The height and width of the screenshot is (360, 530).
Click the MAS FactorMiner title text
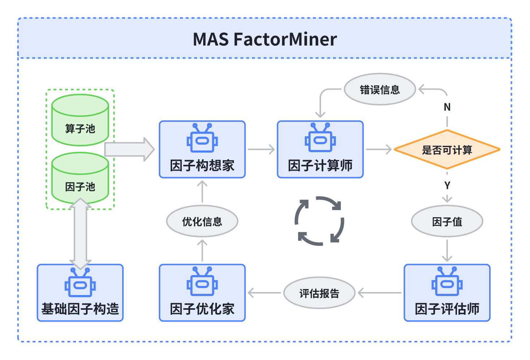(x=265, y=39)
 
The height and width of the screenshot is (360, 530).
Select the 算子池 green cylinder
(x=80, y=120)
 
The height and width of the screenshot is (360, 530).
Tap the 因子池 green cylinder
(x=80, y=178)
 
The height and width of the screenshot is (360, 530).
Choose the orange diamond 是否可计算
(x=447, y=150)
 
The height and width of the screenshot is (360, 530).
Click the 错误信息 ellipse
(x=380, y=89)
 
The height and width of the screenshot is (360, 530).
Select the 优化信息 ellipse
(x=202, y=221)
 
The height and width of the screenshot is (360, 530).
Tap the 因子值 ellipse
(x=447, y=221)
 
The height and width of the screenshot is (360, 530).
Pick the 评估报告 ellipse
(x=320, y=293)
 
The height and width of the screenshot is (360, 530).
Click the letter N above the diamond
(x=447, y=107)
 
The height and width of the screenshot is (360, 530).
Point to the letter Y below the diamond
(x=447, y=185)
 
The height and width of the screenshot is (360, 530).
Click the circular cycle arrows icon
(x=320, y=221)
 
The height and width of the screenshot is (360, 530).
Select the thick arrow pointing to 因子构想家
(x=129, y=150)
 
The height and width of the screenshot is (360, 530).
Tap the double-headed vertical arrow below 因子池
(x=81, y=234)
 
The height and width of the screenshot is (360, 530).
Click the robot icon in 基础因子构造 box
(x=80, y=282)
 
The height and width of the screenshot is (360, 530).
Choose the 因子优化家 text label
(x=202, y=309)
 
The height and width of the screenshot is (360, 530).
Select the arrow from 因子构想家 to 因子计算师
(x=261, y=150)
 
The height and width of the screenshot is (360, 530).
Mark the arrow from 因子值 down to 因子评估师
(x=447, y=250)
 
